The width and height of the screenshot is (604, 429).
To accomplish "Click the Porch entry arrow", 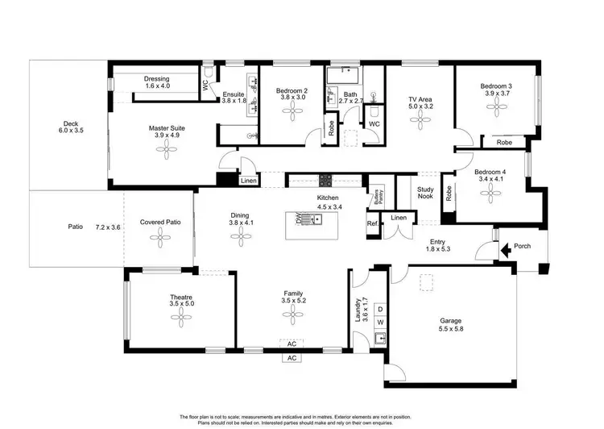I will pos(506,251).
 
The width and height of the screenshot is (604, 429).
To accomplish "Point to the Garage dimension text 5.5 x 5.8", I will pos(456,330).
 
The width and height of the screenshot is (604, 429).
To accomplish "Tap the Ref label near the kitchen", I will pos(372,223).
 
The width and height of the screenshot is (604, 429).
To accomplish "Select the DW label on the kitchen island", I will pos(300,218).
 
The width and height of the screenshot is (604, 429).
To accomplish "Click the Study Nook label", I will pos(425,194).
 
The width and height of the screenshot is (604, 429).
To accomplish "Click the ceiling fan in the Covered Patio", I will pos(160,235).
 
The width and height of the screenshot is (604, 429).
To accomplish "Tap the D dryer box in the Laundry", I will pos(380,310).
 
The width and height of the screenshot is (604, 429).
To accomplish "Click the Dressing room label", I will pos(156,81).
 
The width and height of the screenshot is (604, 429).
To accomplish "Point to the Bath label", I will pos(350,94).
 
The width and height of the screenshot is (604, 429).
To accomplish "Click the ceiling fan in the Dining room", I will pos(239,235).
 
